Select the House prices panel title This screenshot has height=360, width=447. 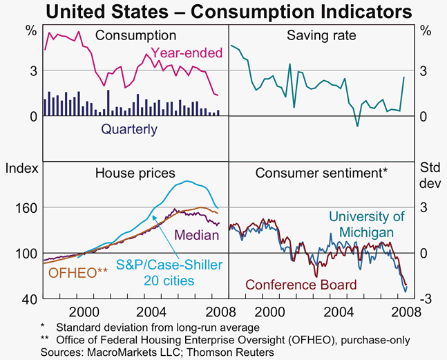coord(135,173)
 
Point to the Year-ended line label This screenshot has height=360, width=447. coord(187,53)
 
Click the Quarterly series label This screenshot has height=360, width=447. coord(129,129)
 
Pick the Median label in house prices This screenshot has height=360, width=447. coord(197,235)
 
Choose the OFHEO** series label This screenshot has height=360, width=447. coord(78,272)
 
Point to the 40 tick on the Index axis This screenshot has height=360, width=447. coord(30,299)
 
